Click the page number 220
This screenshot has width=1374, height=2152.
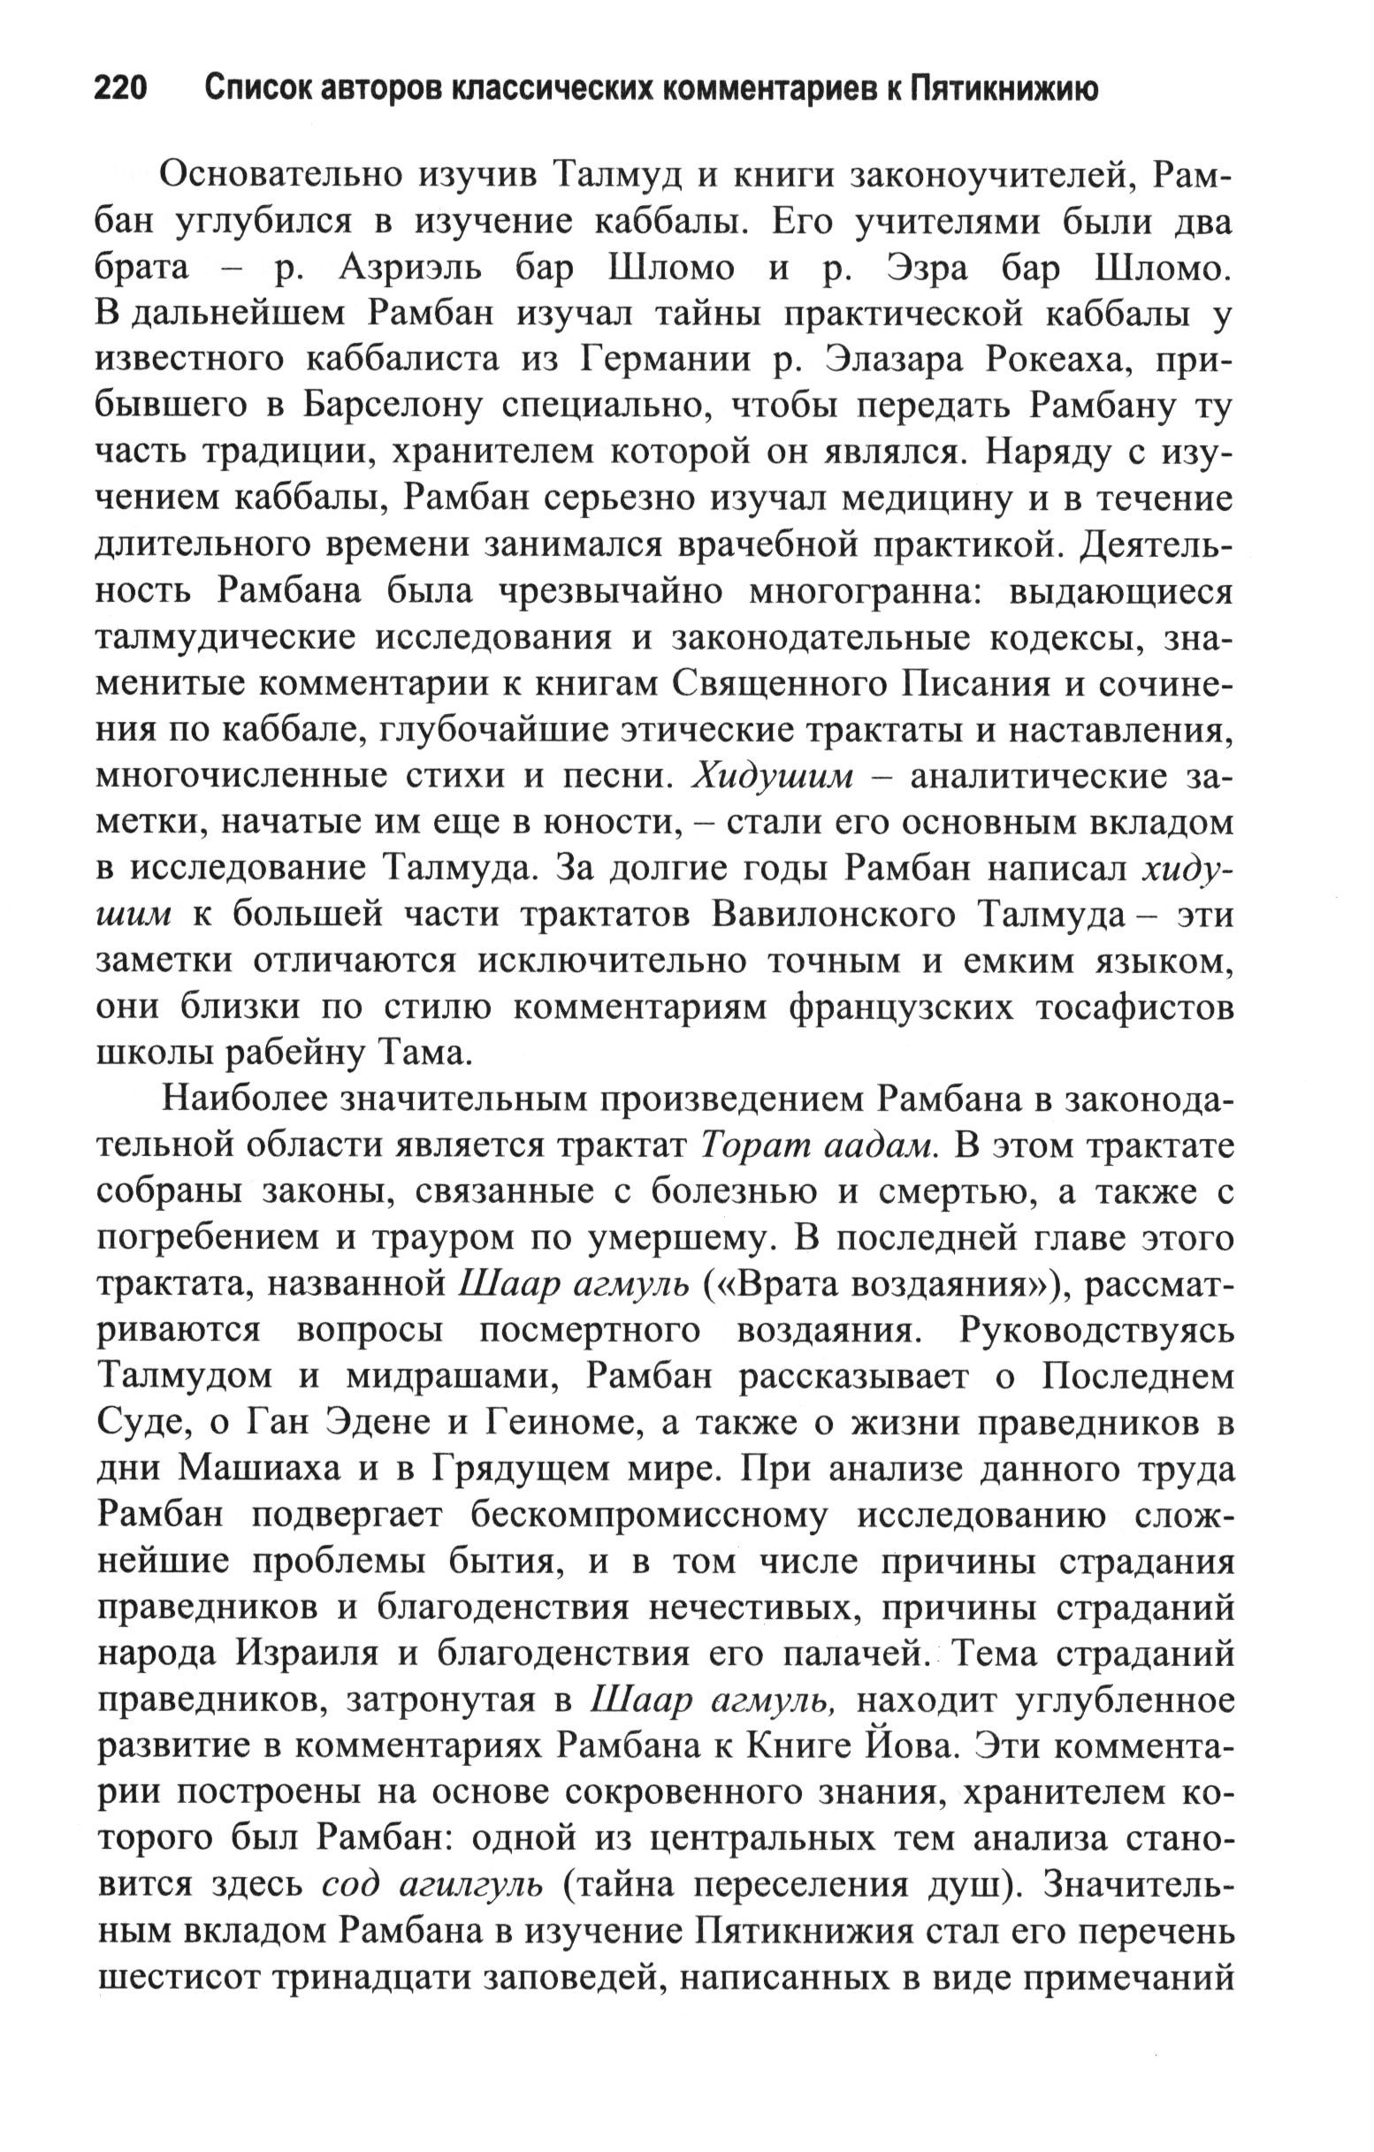tap(120, 90)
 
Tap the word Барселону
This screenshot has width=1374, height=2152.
tap(391, 407)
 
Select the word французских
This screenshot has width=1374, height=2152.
tap(903, 1008)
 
